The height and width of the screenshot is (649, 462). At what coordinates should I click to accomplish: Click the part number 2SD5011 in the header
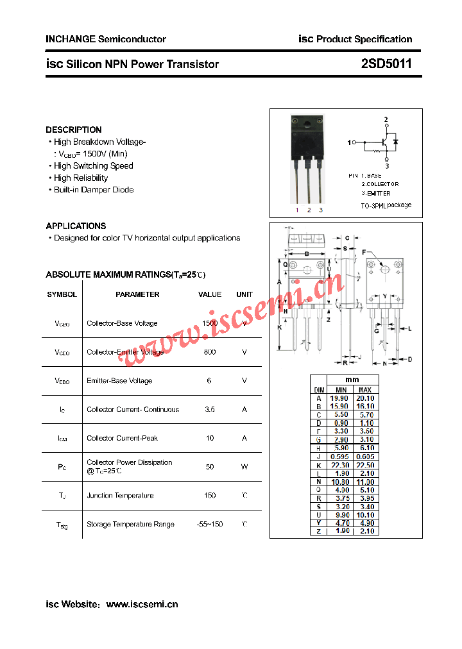pyautogui.click(x=386, y=64)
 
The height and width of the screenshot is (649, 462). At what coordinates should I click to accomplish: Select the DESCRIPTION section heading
pyautogui.click(x=74, y=130)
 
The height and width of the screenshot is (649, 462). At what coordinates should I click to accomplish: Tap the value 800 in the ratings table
pyautogui.click(x=210, y=352)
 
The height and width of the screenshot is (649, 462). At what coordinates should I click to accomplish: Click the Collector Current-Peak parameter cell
pyautogui.click(x=122, y=438)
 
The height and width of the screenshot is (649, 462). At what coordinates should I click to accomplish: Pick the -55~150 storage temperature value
pyautogui.click(x=210, y=525)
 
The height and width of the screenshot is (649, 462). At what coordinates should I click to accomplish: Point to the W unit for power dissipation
pyautogui.click(x=244, y=467)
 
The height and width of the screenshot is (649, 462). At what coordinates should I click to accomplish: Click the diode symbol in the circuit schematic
pyautogui.click(x=395, y=141)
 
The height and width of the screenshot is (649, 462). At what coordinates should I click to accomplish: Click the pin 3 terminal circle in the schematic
pyautogui.click(x=386, y=158)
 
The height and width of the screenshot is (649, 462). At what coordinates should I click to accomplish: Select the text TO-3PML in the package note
pyautogui.click(x=373, y=206)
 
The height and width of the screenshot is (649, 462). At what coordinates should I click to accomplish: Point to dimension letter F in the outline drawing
pyautogui.click(x=363, y=252)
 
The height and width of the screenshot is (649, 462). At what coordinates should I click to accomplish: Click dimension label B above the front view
pyautogui.click(x=307, y=254)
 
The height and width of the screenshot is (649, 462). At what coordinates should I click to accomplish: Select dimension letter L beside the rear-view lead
pyautogui.click(x=409, y=328)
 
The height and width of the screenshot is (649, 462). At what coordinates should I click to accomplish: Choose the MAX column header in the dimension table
pyautogui.click(x=364, y=390)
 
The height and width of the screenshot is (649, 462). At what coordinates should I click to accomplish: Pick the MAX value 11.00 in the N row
pyautogui.click(x=364, y=482)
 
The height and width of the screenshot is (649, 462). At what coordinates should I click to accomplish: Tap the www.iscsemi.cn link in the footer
pyautogui.click(x=142, y=604)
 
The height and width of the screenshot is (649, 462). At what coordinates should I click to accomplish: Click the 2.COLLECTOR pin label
pyautogui.click(x=379, y=184)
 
